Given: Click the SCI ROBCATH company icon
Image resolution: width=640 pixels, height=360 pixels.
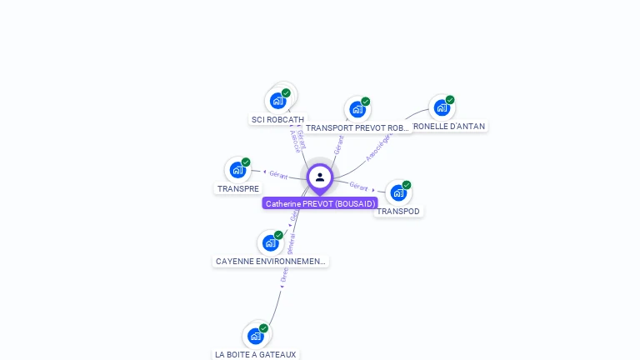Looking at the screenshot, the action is [x=278, y=101].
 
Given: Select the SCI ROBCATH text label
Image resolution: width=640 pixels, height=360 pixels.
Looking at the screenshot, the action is [x=277, y=120].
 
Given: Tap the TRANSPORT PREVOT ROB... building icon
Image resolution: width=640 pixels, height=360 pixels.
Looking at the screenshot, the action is [x=357, y=109].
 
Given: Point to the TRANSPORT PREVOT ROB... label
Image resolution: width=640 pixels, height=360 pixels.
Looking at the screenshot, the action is [x=357, y=128].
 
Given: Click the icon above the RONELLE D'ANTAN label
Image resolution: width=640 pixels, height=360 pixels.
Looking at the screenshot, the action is [x=442, y=107].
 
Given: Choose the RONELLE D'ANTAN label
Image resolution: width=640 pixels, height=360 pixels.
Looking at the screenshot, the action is [x=448, y=127].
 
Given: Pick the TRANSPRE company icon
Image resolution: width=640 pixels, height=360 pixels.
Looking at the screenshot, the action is [x=238, y=170].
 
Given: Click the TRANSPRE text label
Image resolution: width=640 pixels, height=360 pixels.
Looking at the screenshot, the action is [x=238, y=189].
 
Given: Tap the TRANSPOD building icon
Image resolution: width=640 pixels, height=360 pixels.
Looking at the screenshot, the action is [x=398, y=192].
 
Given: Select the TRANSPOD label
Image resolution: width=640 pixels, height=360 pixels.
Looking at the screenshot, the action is [x=398, y=212].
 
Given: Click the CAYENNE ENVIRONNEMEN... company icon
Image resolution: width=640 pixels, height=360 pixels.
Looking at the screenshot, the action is [x=270, y=242].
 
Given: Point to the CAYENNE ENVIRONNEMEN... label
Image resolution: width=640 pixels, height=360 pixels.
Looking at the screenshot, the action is [x=270, y=262].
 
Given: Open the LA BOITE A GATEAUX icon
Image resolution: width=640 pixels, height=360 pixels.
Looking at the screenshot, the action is [x=256, y=336].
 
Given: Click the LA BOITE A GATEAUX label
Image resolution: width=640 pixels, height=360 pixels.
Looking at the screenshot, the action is [x=256, y=355].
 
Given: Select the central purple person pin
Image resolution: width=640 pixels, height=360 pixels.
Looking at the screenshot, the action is [x=320, y=177].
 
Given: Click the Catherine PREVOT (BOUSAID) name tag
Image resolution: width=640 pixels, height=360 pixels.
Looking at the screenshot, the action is [x=320, y=203].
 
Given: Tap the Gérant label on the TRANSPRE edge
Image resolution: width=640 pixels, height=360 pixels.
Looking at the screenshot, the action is [x=278, y=175].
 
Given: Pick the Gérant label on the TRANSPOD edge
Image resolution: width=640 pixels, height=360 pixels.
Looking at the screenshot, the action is [x=359, y=186].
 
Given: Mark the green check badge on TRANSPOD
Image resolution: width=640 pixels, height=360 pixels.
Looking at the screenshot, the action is [x=407, y=185].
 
